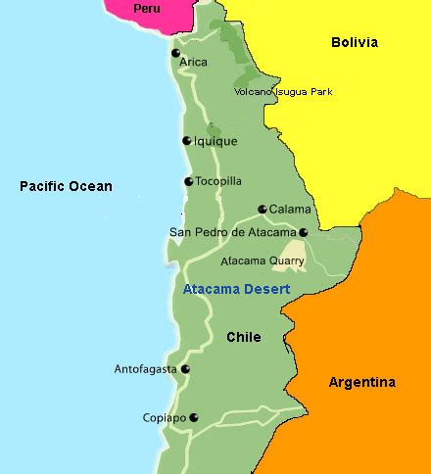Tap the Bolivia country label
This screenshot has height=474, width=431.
(x=354, y=42)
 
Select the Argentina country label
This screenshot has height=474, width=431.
(x=361, y=382)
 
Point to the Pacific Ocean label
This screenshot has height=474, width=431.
(x=66, y=186)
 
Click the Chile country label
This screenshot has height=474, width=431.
(x=243, y=337)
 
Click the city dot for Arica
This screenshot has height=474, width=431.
(x=175, y=53)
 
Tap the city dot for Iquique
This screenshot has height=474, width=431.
(x=186, y=140)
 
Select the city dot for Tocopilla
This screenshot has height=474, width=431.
(x=188, y=181)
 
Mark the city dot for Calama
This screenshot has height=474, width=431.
(x=262, y=209)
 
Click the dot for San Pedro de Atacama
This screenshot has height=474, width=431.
(x=303, y=232)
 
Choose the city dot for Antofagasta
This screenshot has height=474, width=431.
(x=184, y=369)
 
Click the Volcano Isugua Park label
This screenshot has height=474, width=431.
(x=283, y=92)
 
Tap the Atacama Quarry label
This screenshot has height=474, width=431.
(x=262, y=261)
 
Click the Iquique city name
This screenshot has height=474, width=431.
(x=215, y=141)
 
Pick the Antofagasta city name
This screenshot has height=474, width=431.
(x=145, y=369)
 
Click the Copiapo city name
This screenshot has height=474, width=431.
(x=163, y=417)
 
